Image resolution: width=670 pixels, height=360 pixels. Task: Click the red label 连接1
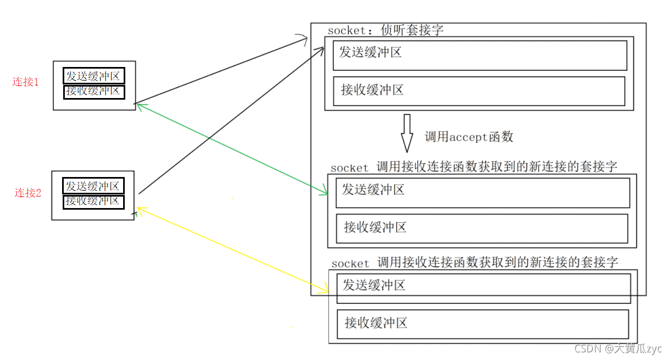click(26, 82)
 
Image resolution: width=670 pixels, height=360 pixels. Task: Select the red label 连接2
click(28, 193)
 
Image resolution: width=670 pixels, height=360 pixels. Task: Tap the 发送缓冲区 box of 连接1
click(93, 76)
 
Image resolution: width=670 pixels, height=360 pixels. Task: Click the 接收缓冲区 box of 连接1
click(94, 91)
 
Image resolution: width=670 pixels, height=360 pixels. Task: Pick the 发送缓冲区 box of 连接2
click(93, 186)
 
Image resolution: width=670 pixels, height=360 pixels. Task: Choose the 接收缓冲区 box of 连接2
click(93, 202)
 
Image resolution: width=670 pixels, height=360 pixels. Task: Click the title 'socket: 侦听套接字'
click(385, 30)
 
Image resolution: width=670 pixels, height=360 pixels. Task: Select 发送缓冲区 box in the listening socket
click(479, 55)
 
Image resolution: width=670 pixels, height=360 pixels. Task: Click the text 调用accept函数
click(469, 137)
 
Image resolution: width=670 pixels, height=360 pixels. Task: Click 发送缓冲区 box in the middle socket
click(482, 193)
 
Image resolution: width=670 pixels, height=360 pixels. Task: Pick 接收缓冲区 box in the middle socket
click(482, 228)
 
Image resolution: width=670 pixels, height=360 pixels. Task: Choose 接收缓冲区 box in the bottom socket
click(482, 324)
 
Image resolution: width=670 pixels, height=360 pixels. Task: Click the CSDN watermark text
click(618, 349)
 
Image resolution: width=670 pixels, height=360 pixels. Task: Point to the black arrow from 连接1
click(218, 71)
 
